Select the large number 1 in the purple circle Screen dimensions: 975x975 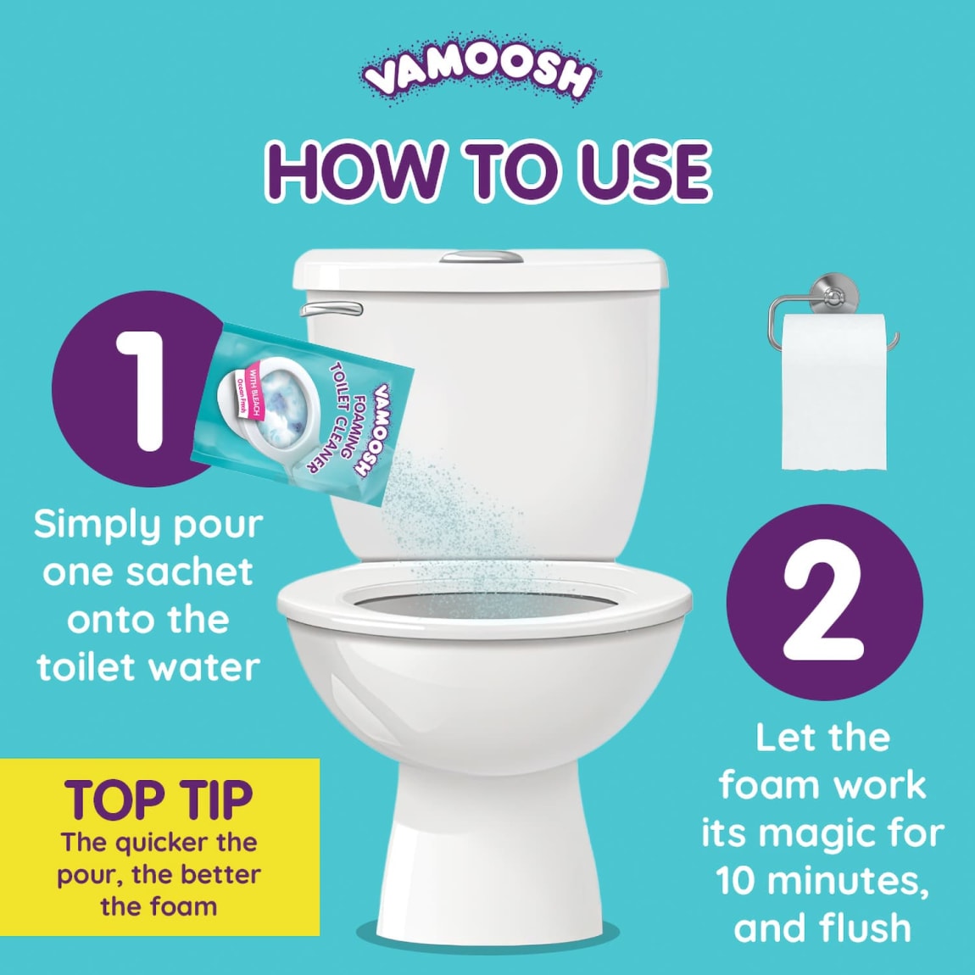[x=141, y=389]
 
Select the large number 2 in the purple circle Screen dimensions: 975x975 [x=822, y=603]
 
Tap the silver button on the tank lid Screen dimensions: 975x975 [x=479, y=256]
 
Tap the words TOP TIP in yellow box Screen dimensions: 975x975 [x=159, y=799]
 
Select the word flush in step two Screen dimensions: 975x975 [x=861, y=928]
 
